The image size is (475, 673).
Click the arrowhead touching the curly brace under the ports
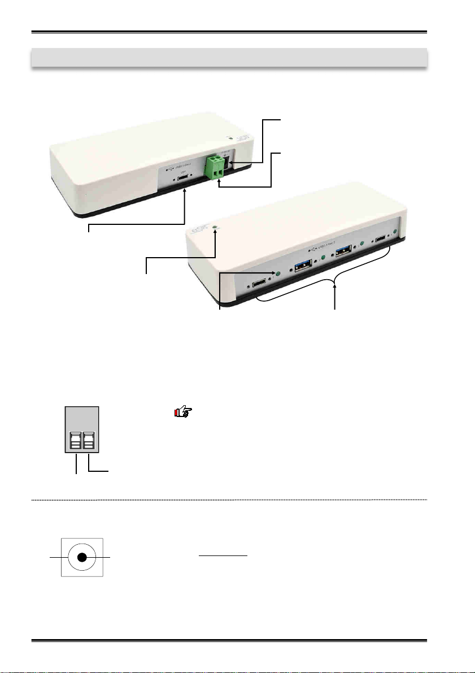pyautogui.click(x=335, y=293)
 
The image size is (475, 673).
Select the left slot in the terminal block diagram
pyautogui.click(x=76, y=440)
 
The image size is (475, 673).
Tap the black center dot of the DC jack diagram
pyautogui.click(x=82, y=558)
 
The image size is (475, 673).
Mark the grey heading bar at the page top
pyautogui.click(x=228, y=57)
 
